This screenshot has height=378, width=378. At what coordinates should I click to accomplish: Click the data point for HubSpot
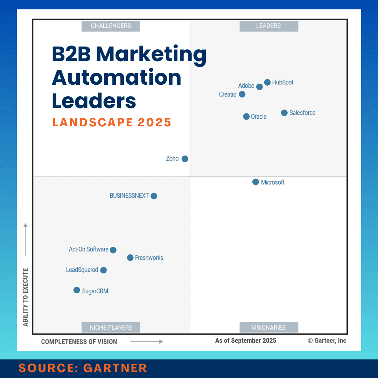[x=267, y=83]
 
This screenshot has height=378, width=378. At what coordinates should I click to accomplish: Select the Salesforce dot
[x=284, y=113]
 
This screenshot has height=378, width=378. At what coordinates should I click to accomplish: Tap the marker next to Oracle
[x=246, y=117]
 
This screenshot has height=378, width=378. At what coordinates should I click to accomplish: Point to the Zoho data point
[x=185, y=159]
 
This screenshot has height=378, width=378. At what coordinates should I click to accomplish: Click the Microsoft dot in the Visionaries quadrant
[x=255, y=182]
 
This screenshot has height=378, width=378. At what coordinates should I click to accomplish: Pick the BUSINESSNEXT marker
[x=154, y=196]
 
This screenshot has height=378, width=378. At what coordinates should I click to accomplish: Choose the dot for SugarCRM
[x=77, y=290]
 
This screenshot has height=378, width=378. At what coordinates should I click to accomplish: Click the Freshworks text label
[x=149, y=258]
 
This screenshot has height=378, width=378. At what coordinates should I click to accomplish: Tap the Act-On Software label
[x=89, y=250]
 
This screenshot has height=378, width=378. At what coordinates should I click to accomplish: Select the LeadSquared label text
[x=82, y=270]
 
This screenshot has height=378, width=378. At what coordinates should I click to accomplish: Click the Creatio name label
[x=227, y=94]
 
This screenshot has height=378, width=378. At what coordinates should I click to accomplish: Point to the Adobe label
[x=246, y=86]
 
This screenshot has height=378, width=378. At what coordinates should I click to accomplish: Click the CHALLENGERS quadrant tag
[x=111, y=26]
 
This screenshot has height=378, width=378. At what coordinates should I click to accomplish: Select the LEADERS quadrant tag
[x=268, y=26]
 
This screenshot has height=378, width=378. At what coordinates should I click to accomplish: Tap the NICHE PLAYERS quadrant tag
[x=111, y=328]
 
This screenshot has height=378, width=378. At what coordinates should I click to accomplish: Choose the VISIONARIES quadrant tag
[x=268, y=328]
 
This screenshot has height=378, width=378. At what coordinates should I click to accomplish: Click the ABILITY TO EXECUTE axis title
[x=26, y=297]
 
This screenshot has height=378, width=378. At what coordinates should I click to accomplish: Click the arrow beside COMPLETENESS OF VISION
[x=147, y=342]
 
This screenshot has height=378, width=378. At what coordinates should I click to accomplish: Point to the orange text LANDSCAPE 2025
[x=112, y=122]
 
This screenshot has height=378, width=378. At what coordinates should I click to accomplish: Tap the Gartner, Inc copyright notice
[x=327, y=341]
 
